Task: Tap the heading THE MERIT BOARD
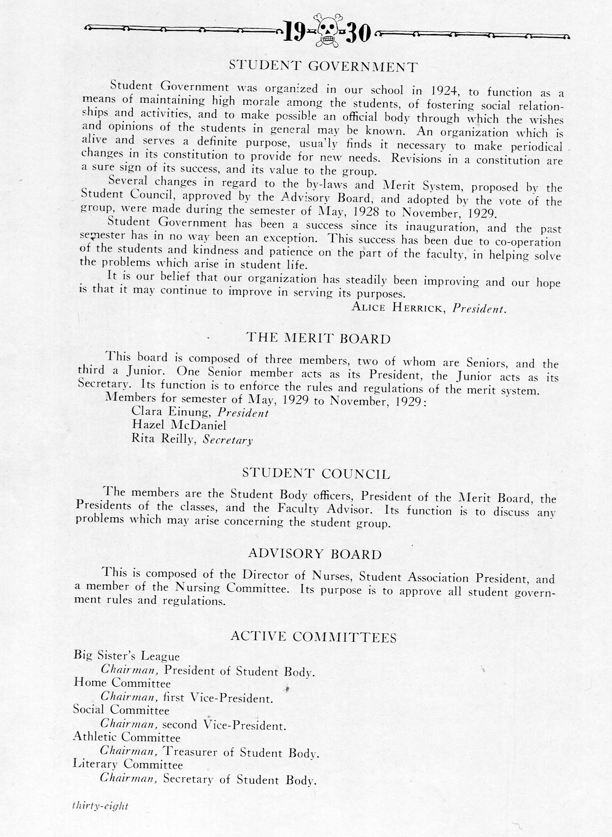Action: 318,338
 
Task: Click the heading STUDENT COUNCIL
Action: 316,474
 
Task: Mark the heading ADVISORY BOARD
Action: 315,554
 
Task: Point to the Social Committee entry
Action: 121,710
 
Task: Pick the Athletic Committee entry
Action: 126,737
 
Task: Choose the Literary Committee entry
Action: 128,764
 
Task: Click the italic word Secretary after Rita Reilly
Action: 228,440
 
